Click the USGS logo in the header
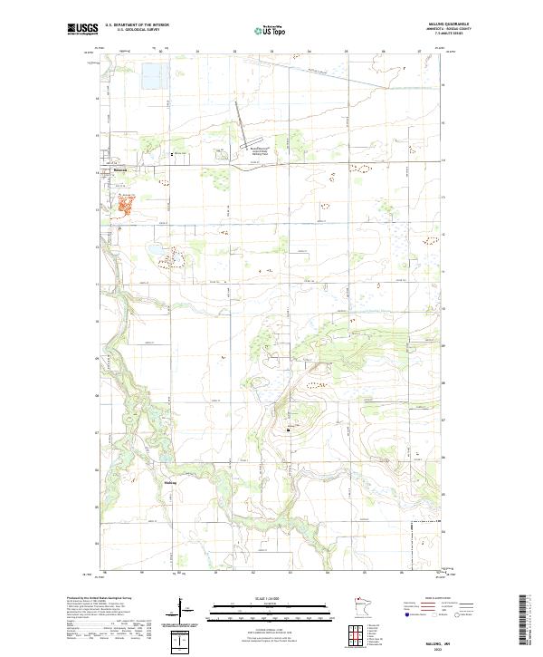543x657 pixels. pos(81,29)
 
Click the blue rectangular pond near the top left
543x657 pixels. pos(150,78)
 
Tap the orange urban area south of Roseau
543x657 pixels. pos(124,204)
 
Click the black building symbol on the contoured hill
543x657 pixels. pos(290,430)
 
